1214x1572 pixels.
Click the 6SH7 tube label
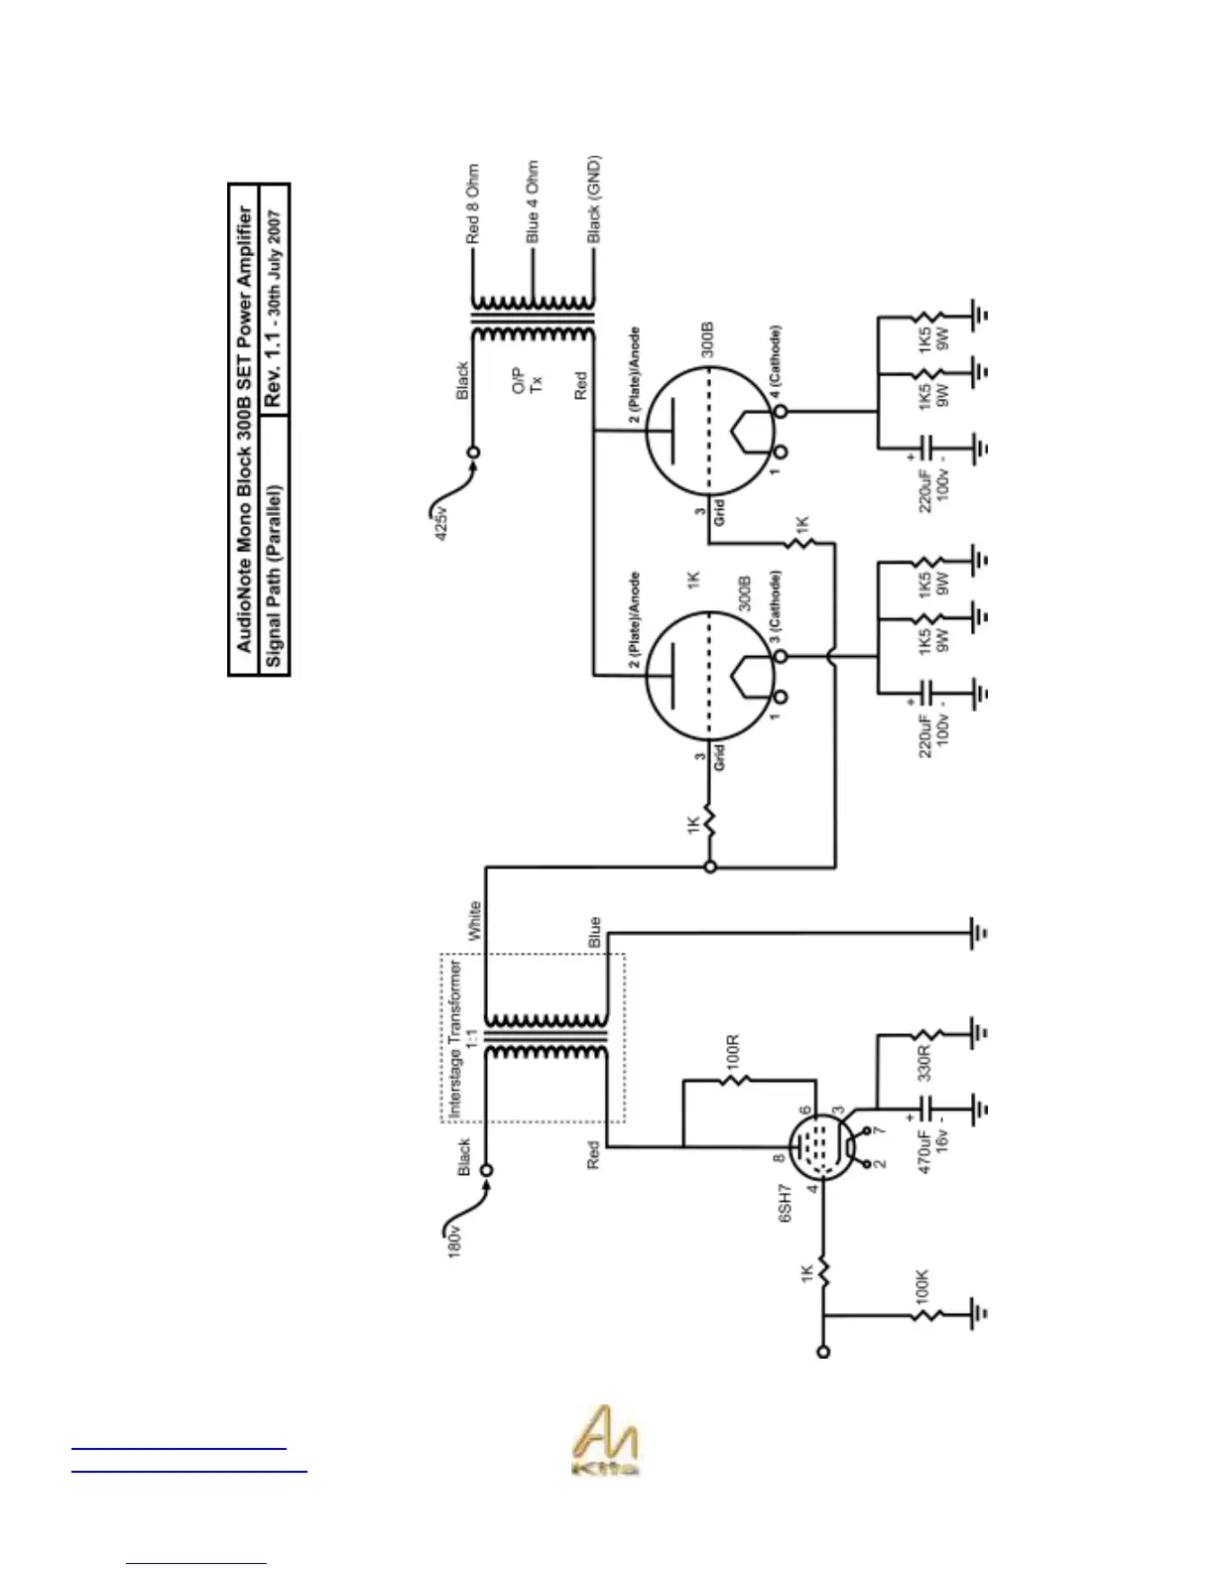tap(785, 1203)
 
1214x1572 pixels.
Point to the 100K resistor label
tap(921, 1285)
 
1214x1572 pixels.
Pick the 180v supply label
tap(454, 1242)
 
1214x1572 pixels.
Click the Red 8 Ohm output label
tap(473, 204)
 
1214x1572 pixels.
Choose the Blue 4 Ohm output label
tap(533, 202)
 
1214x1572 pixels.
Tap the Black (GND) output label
tap(593, 199)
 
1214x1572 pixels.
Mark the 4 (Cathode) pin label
tap(776, 363)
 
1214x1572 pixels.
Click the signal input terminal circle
tap(822, 1352)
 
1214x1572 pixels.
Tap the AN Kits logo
tap(605, 1441)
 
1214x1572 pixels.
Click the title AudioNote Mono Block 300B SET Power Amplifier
tap(244, 429)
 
